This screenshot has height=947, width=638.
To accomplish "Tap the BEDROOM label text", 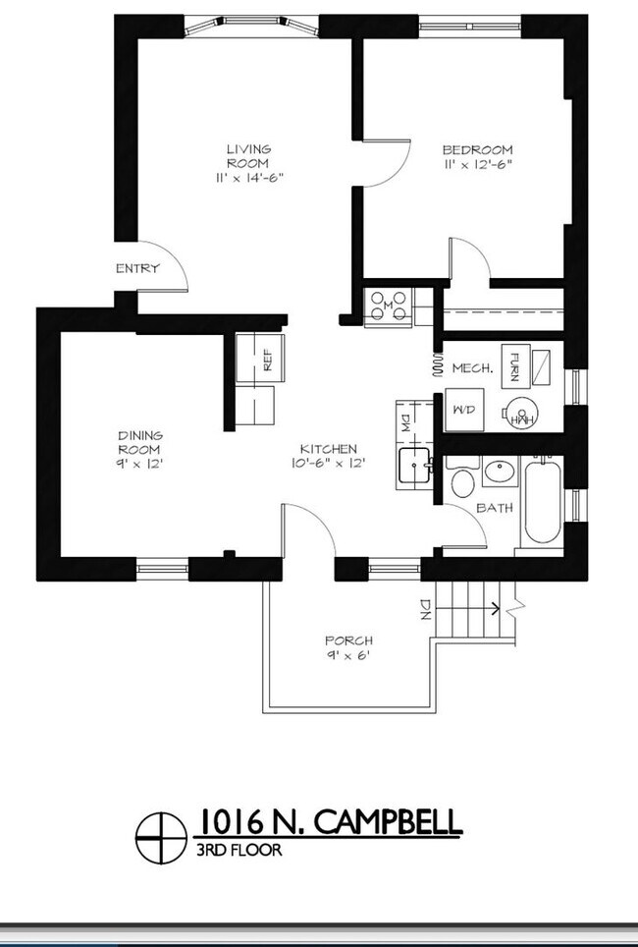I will pos(477,156).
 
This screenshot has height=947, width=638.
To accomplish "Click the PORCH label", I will pos(348,647).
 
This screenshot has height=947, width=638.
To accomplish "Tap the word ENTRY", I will pos(137,268).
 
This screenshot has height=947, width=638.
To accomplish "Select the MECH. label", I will pos(471,368).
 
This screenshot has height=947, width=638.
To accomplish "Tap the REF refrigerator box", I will pos(260,358).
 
